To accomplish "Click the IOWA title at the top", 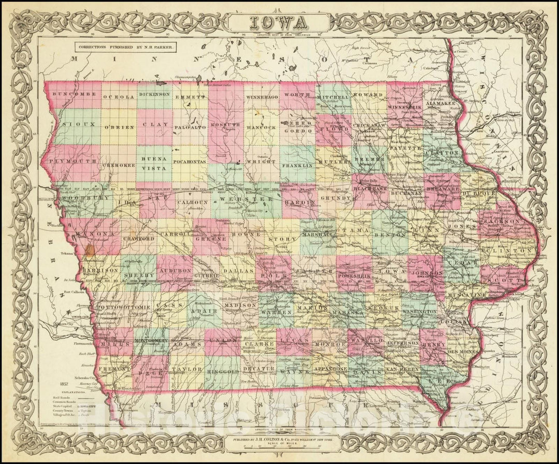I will pyautogui.click(x=278, y=23).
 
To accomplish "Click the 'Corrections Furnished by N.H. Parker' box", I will pyautogui.click(x=125, y=47).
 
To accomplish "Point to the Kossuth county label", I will pyautogui.click(x=225, y=125).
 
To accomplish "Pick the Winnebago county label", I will pyautogui.click(x=261, y=97).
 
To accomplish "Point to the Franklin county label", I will pyautogui.click(x=297, y=165).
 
